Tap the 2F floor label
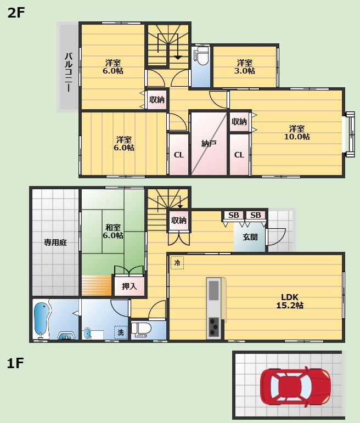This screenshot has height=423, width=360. tap(16, 13)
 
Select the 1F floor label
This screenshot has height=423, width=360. tap(15, 363)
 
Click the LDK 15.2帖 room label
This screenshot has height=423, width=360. tap(290, 301)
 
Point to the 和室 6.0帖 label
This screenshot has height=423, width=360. tap(113, 231)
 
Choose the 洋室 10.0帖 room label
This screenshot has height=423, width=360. tap(297, 132)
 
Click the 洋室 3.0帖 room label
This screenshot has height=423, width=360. tap(245, 66)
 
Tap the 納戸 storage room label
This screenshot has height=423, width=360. tap(209, 144)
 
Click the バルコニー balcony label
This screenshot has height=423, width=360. tap(69, 72)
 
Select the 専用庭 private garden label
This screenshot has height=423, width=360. tap(55, 242)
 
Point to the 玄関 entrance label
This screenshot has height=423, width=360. tap(250, 237)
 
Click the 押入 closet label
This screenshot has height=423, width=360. tap(130, 286)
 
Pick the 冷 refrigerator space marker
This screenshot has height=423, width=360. tap(177, 262)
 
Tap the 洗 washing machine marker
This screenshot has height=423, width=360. tap(121, 332)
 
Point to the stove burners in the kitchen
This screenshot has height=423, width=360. tap(214, 326)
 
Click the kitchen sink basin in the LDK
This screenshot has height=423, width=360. tap(213, 290)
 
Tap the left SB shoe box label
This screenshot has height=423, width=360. tap(234, 215)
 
